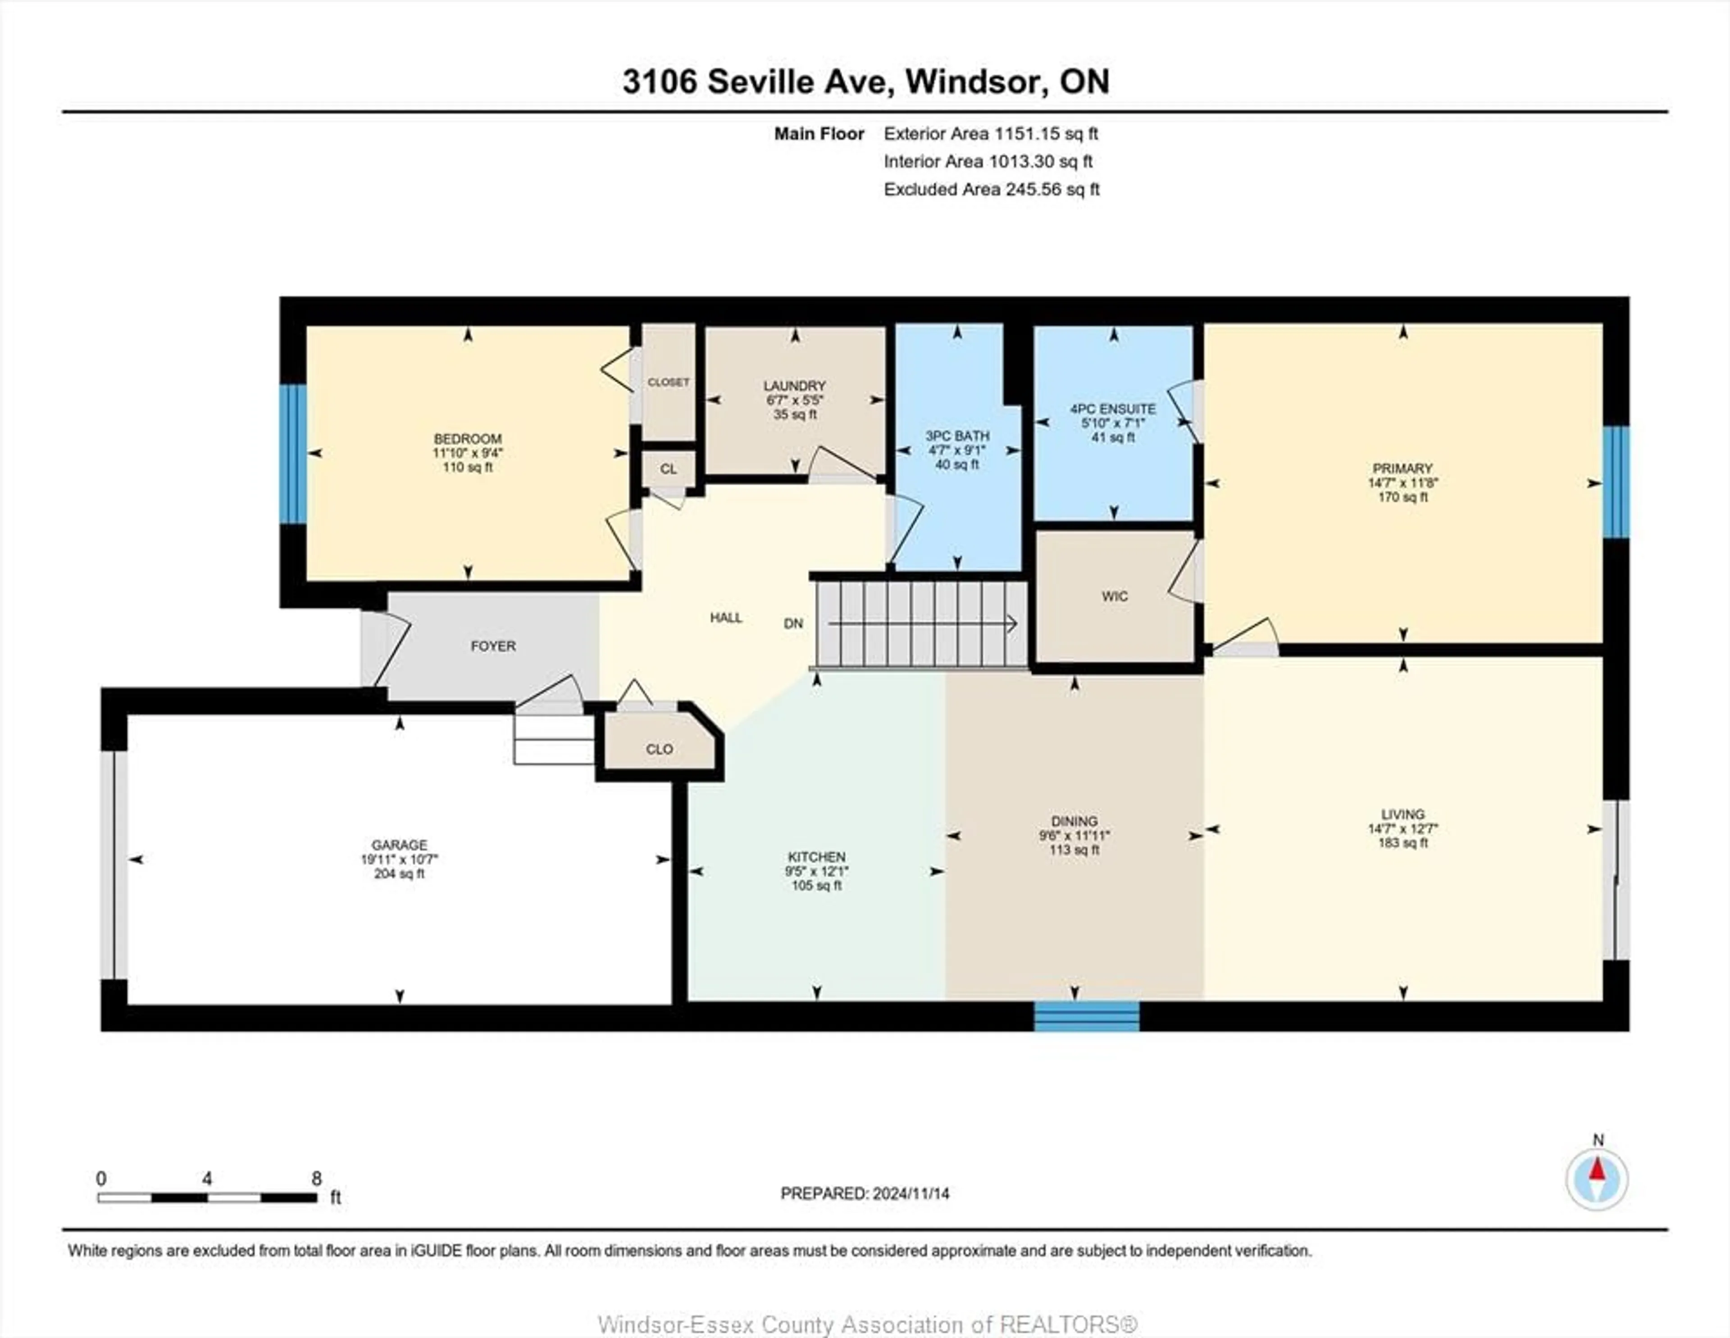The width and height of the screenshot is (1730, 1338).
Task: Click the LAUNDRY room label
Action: [795, 386]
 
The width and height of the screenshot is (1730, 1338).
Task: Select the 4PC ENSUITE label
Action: [1113, 409]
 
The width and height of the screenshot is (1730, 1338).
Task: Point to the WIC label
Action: [1115, 596]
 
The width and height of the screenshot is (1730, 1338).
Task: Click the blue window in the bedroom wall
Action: [293, 454]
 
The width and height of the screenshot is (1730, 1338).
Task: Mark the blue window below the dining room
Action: [1087, 1016]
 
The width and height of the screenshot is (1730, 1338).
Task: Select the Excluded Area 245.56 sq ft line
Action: [992, 189]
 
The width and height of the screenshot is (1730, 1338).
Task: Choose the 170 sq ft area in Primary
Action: [1403, 497]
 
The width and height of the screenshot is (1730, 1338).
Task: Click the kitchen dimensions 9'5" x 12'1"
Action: [817, 871]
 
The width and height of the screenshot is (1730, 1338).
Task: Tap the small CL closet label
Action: [669, 469]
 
